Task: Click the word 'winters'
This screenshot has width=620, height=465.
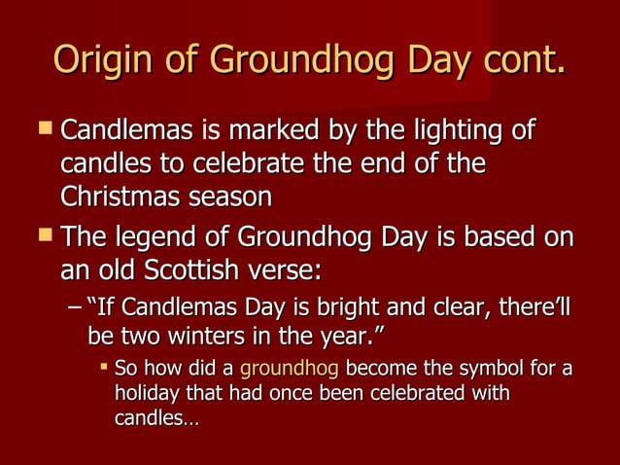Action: click(206, 337)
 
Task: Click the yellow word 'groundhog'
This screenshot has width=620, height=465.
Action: click(289, 371)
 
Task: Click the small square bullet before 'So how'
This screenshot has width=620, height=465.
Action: click(103, 370)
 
